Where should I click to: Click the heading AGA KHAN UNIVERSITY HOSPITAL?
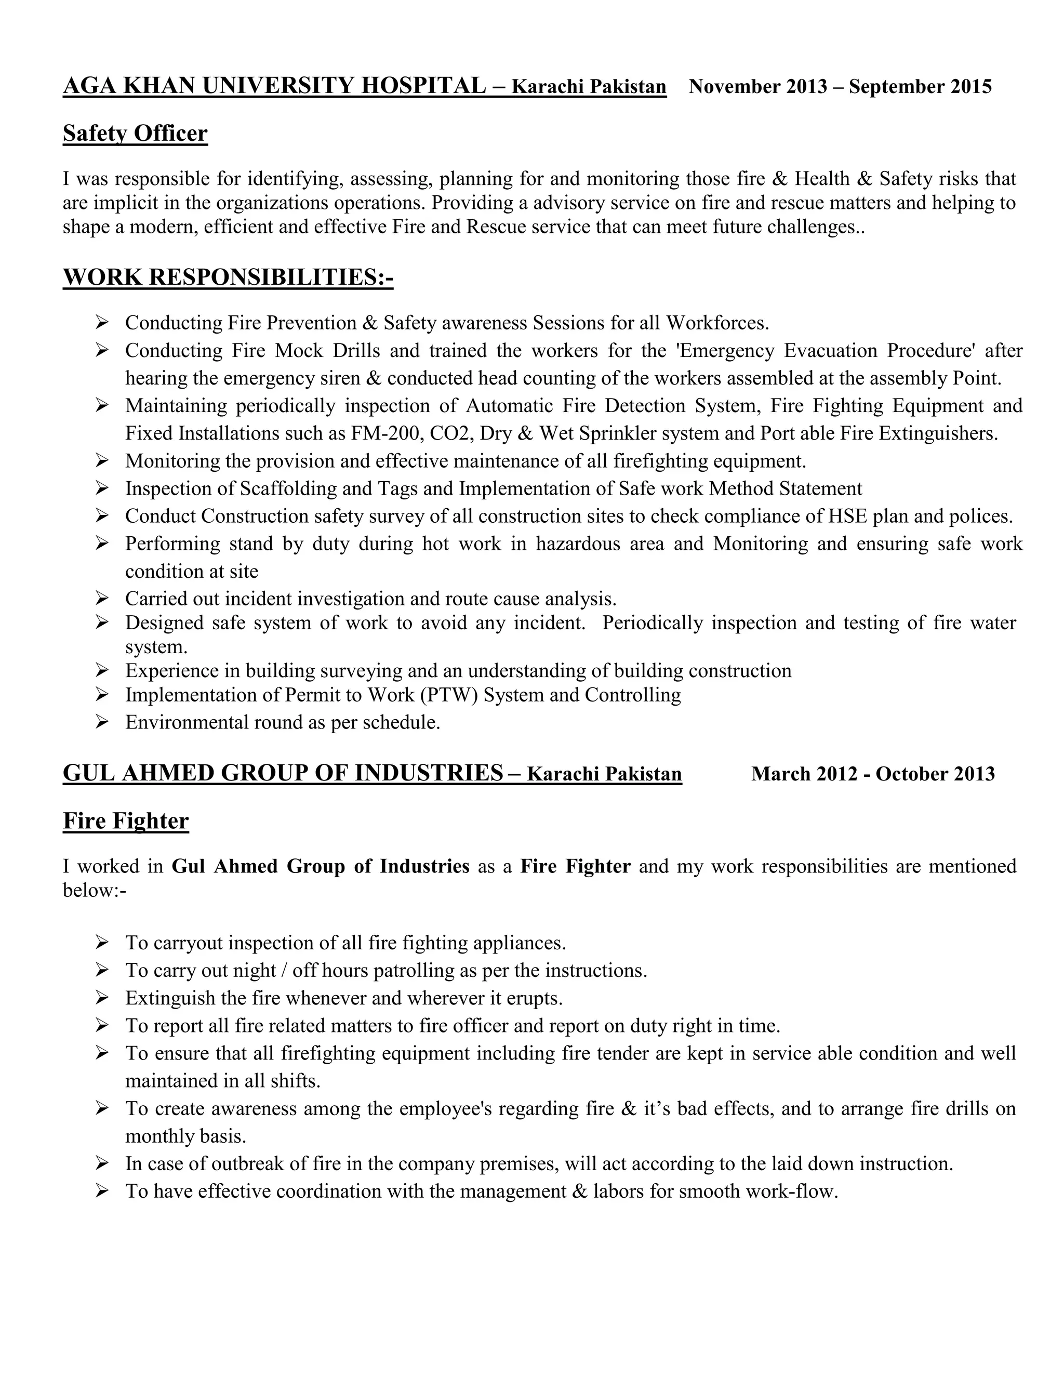tap(274, 86)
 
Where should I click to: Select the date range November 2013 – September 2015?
tap(840, 86)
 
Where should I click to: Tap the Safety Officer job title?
tap(135, 134)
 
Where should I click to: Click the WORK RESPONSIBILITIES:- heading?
tap(228, 277)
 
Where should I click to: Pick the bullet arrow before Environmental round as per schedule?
tap(102, 721)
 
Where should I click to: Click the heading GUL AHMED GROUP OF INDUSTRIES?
tap(283, 773)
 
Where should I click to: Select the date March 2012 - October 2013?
tap(872, 774)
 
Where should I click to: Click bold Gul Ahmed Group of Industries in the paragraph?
tap(320, 866)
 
